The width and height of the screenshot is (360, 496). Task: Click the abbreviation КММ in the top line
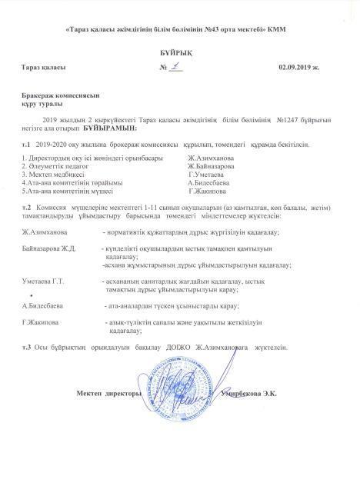(288, 29)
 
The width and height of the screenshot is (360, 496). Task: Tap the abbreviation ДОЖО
(188, 348)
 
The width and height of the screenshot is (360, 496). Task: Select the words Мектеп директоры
(108, 394)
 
